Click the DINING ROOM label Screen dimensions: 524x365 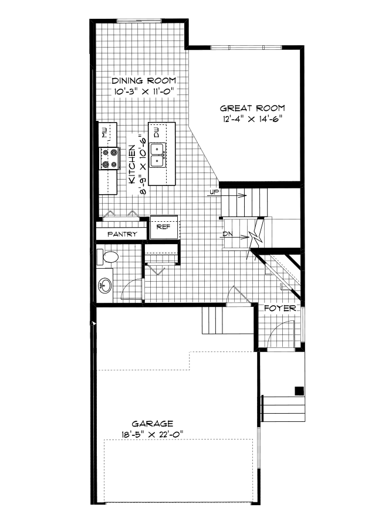[x=144, y=81]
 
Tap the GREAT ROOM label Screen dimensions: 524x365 [x=252, y=108]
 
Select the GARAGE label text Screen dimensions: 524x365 [x=151, y=423]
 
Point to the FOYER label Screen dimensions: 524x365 [x=279, y=308]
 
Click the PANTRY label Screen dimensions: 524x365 [x=122, y=234]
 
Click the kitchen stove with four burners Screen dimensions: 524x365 [x=109, y=158]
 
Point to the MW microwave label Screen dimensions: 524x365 [x=104, y=131]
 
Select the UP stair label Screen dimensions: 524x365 [x=213, y=192]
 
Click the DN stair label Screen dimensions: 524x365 [x=229, y=235]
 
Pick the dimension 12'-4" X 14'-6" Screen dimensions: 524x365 [x=252, y=119]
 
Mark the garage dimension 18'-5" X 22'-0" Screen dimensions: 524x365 [x=151, y=435]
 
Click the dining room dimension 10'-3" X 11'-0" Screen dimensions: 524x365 [x=144, y=92]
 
